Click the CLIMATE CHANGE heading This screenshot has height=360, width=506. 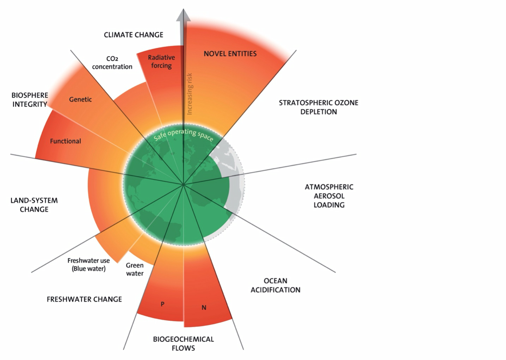(134, 35)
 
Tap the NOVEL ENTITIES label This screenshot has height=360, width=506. (230, 54)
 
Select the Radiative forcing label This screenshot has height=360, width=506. (161, 61)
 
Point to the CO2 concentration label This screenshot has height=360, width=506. (112, 63)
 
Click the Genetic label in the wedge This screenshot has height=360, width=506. (80, 99)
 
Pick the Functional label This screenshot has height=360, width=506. (66, 141)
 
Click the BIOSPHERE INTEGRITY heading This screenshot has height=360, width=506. (30, 100)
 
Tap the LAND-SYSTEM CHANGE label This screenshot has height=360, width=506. (34, 205)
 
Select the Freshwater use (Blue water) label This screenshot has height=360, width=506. (88, 265)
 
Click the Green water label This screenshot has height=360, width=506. (135, 269)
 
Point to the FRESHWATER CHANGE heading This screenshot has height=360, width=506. (84, 299)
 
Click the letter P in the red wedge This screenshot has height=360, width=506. (162, 304)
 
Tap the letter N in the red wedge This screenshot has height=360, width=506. (204, 308)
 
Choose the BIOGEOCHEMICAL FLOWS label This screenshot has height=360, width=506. (183, 343)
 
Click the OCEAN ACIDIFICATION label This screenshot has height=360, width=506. (276, 285)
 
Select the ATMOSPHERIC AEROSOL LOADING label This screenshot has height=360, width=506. (329, 196)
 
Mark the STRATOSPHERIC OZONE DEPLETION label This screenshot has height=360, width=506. (319, 107)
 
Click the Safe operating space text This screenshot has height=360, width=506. (184, 134)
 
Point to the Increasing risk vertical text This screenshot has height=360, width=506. (190, 94)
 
